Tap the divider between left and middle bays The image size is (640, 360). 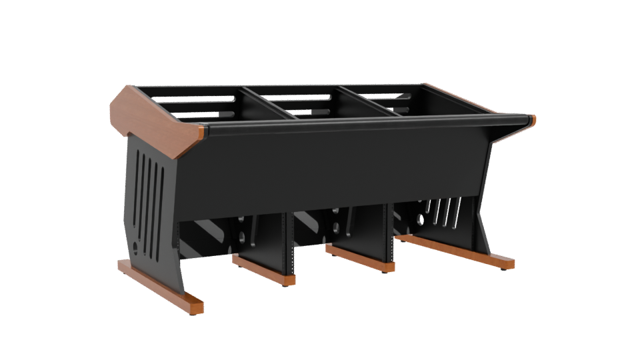coord(267,103)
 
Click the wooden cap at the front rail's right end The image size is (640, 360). coord(533,121)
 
